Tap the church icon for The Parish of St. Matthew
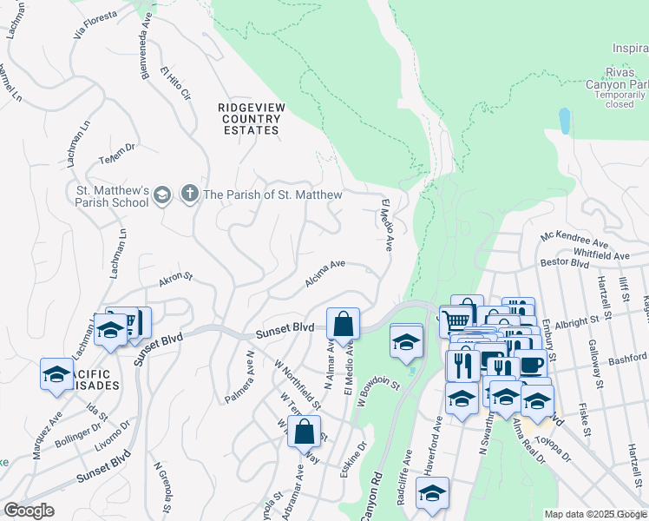pyautogui.click(x=189, y=195)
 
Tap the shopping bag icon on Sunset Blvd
pyautogui.click(x=344, y=323)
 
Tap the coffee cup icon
pyautogui.click(x=530, y=364)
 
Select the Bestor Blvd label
pyautogui.click(x=565, y=261)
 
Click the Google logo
pyautogui.click(x=29, y=511)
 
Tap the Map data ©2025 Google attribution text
pyautogui.click(x=595, y=514)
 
